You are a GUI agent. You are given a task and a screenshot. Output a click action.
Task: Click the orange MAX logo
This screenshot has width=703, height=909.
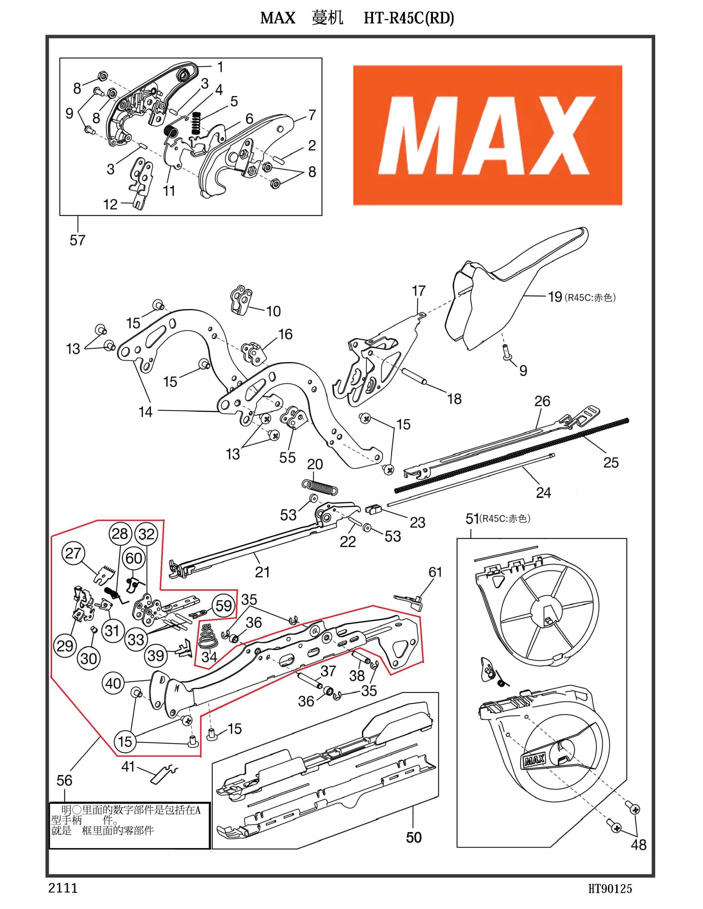(487, 135)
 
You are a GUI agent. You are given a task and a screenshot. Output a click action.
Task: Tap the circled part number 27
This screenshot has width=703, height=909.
(73, 553)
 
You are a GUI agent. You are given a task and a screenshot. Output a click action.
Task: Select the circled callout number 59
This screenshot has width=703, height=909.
(223, 605)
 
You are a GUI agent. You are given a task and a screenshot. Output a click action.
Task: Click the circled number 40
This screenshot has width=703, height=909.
(113, 683)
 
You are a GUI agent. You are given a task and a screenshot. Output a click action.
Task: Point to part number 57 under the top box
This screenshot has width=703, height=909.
(77, 240)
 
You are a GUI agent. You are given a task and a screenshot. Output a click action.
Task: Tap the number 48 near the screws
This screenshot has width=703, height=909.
(638, 845)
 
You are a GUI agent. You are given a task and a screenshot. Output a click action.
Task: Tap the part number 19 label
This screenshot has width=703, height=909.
(555, 297)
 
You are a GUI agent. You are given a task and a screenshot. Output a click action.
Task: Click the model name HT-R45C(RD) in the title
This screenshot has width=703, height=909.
(409, 18)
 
